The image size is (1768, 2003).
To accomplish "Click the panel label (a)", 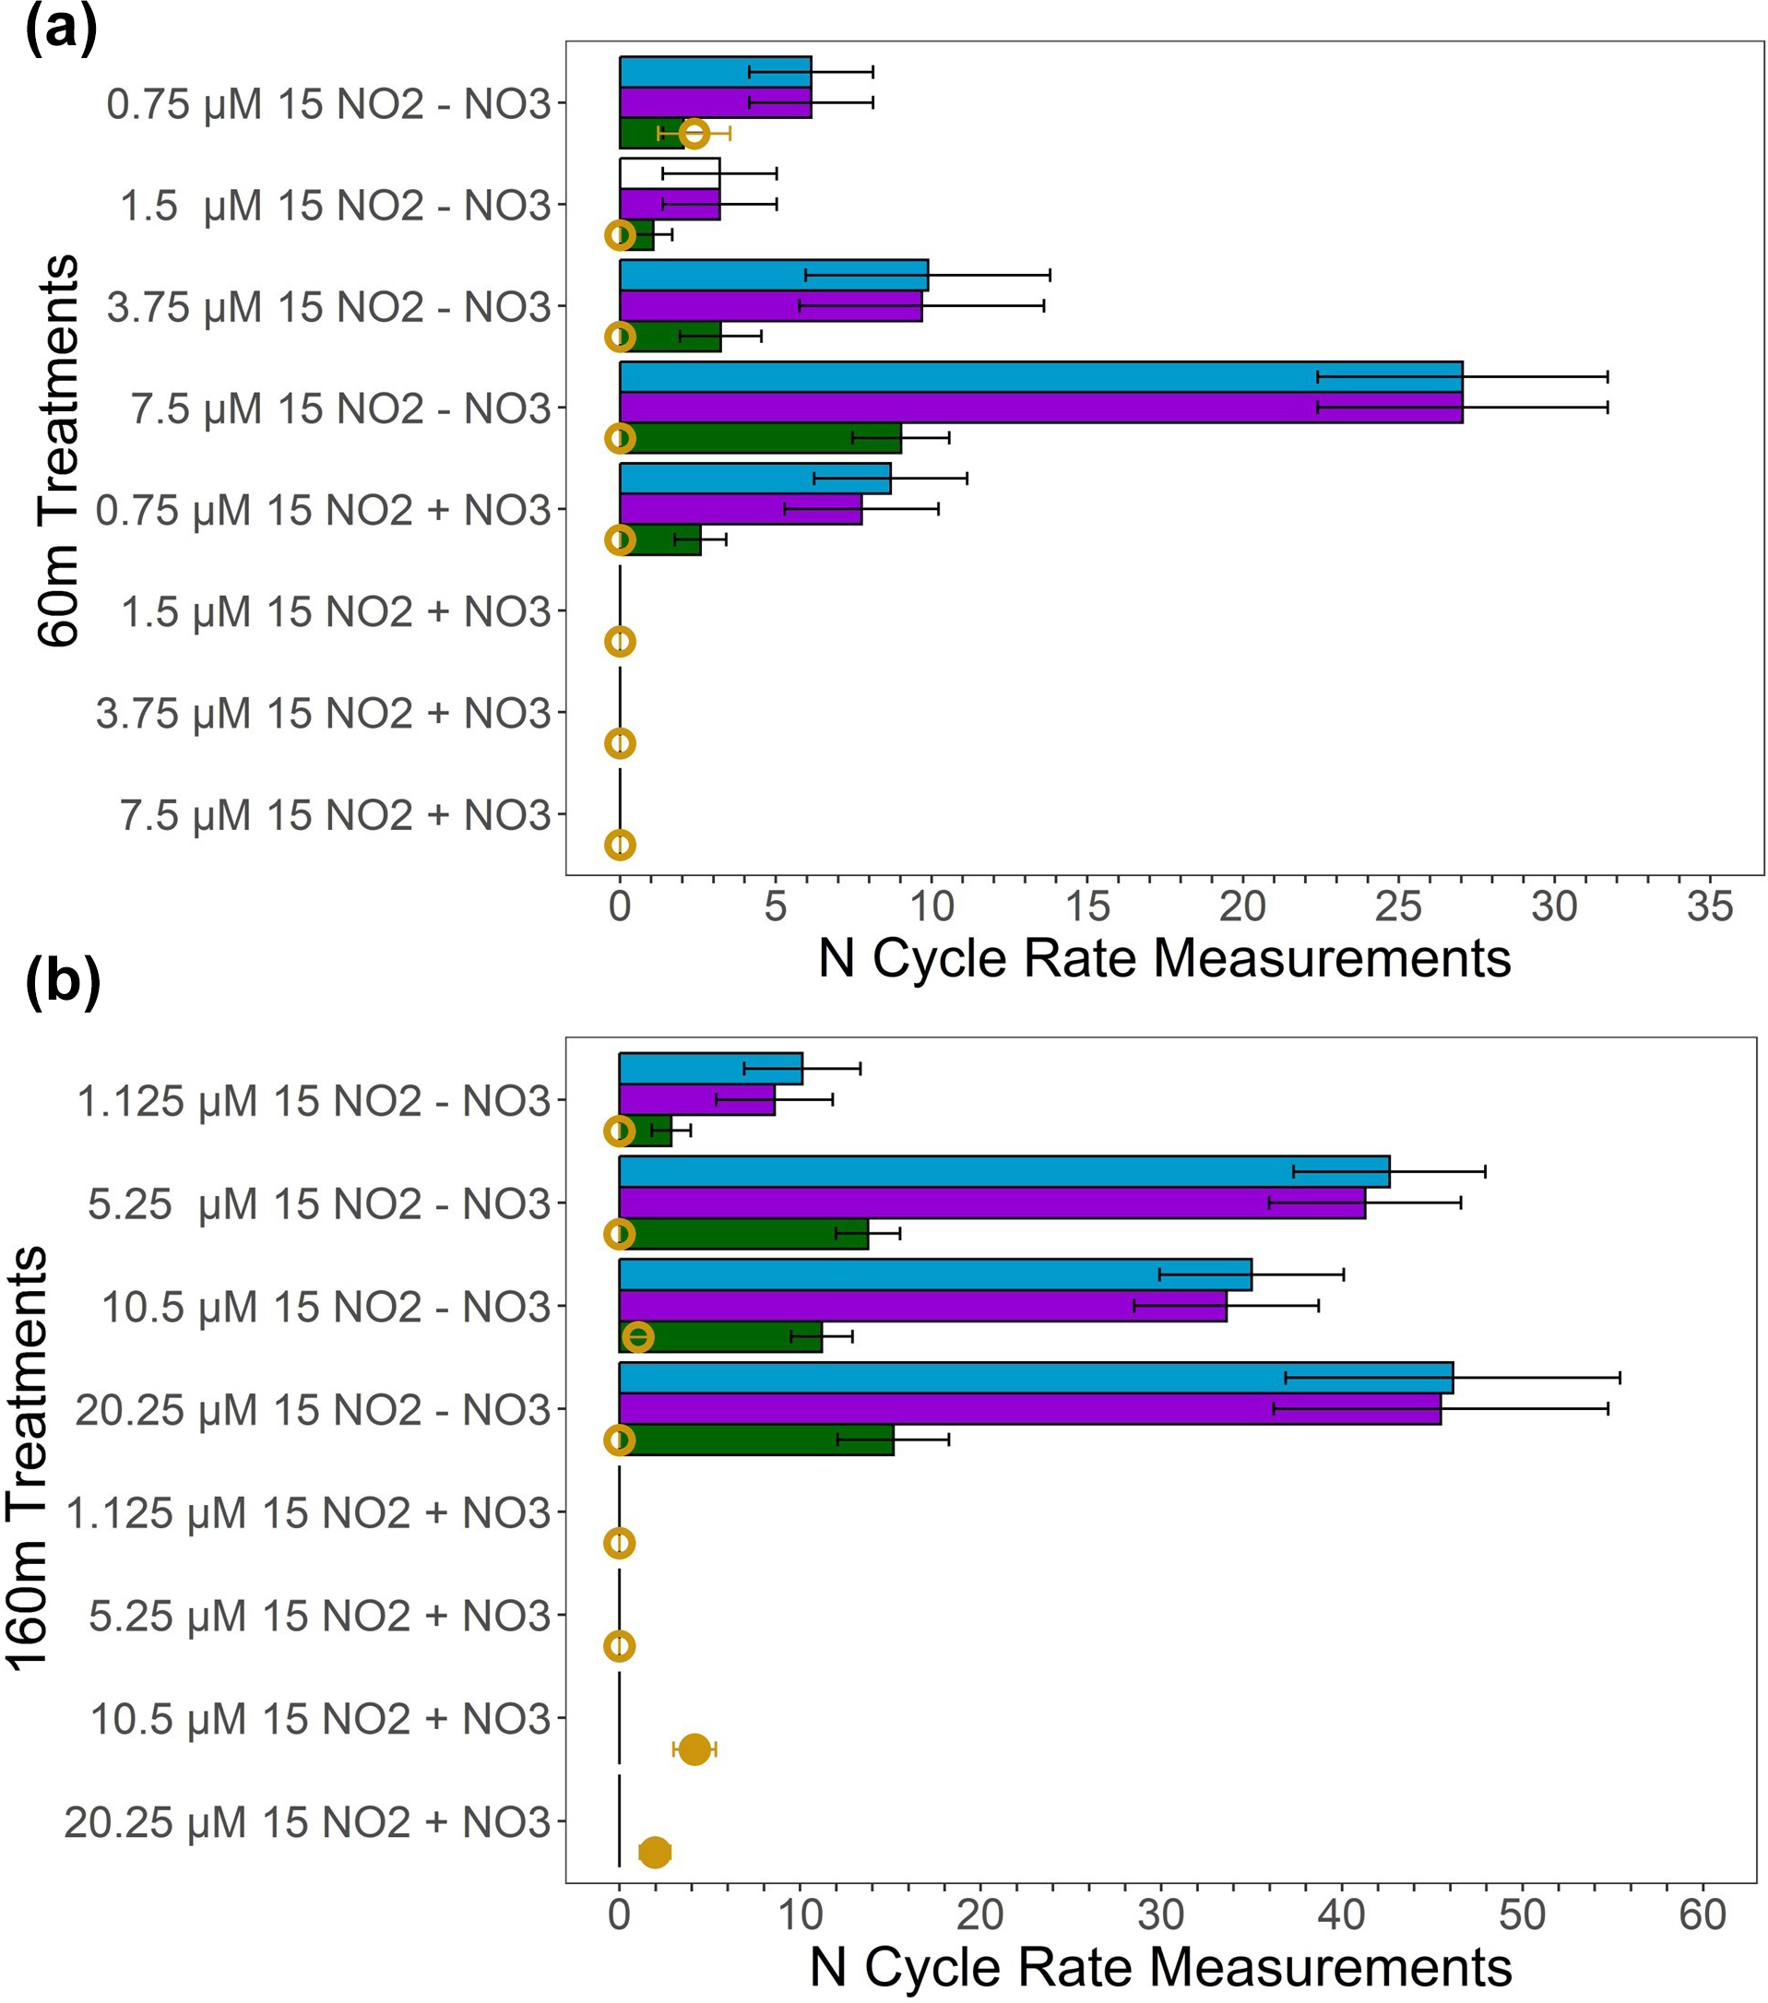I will (x=61, y=30).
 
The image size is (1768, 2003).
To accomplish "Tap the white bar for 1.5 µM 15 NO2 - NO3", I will (x=670, y=173).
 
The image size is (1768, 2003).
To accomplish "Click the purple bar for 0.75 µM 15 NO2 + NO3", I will (x=740, y=510).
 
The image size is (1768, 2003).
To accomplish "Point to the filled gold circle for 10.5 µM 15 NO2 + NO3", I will (x=694, y=1748).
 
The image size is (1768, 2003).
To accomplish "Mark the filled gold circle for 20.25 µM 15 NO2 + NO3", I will (x=655, y=1851).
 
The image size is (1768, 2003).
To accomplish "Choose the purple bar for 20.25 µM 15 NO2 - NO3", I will (x=1029, y=1408).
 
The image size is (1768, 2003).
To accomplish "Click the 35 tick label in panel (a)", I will (x=1709, y=907).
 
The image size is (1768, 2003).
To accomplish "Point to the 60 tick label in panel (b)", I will (x=1702, y=1914).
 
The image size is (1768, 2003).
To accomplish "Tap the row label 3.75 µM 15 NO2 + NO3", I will (x=324, y=714).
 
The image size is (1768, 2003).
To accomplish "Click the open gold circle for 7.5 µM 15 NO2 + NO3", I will (x=620, y=845).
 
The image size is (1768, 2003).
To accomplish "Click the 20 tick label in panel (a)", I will (x=1241, y=907).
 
